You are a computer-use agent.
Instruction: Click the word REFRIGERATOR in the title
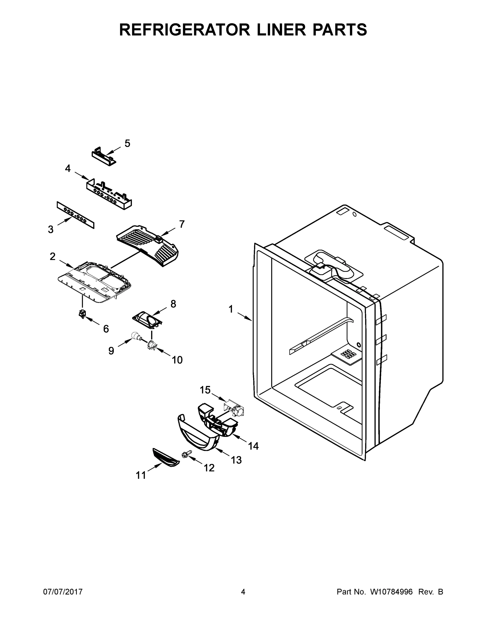184,29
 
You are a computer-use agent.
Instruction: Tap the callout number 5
127,143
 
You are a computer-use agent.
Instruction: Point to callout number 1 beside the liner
231,309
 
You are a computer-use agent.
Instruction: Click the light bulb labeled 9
134,336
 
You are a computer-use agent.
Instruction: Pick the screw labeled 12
187,454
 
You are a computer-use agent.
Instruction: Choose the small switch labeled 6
83,313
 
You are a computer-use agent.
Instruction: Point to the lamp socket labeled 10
152,346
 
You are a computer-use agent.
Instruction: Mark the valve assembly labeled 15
233,409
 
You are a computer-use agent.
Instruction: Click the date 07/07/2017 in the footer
63,592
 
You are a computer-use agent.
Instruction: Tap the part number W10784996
391,592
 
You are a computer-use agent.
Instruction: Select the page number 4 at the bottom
243,592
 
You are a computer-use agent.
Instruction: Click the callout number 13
236,460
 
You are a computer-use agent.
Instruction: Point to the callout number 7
182,224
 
